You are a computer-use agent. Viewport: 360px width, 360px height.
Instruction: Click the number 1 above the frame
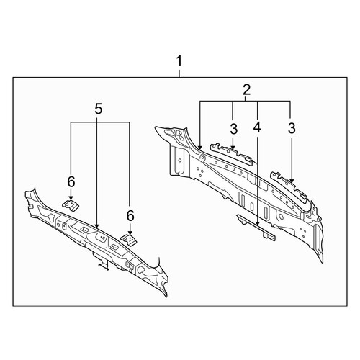pyautogui.click(x=179, y=60)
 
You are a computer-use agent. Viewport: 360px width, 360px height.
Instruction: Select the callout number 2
pyautogui.click(x=246, y=90)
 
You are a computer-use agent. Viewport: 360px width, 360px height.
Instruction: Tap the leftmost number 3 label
pyautogui.click(x=233, y=129)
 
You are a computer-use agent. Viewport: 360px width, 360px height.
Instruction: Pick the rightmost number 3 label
pyautogui.click(x=292, y=128)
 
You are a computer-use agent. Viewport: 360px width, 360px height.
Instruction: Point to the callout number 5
pyautogui.click(x=99, y=109)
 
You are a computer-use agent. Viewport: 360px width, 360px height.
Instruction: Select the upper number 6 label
pyautogui.click(x=71, y=181)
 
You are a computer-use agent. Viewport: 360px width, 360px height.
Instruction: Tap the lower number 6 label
pyautogui.click(x=130, y=216)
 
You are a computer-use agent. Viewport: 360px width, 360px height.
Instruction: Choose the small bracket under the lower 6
pyautogui.click(x=130, y=240)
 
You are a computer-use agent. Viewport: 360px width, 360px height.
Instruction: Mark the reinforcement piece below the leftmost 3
pyautogui.click(x=232, y=154)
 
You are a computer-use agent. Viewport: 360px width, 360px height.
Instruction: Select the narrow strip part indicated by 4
pyautogui.click(x=256, y=227)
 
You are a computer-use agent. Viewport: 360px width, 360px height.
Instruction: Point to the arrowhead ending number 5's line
pyautogui.click(x=96, y=225)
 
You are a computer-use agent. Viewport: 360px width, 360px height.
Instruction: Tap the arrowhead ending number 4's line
pyautogui.click(x=258, y=222)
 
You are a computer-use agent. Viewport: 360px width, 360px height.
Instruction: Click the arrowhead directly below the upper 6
pyautogui.click(x=71, y=197)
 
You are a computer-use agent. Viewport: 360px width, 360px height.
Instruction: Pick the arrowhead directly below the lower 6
pyautogui.click(x=130, y=232)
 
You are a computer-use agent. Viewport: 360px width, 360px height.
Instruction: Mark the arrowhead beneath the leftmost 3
pyautogui.click(x=233, y=146)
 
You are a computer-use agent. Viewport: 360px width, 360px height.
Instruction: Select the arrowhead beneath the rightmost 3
pyautogui.click(x=292, y=180)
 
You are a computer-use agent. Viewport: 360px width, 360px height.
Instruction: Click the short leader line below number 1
pyautogui.click(x=179, y=73)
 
